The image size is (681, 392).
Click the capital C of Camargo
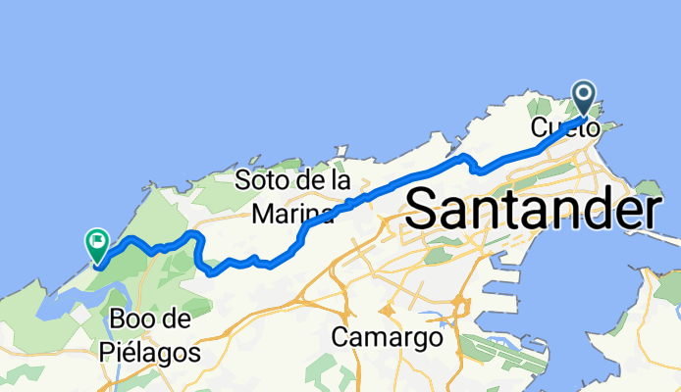(340, 337)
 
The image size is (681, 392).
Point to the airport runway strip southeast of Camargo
(500, 348)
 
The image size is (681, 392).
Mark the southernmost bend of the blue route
(212, 273)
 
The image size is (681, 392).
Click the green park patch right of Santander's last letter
(648, 189)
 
